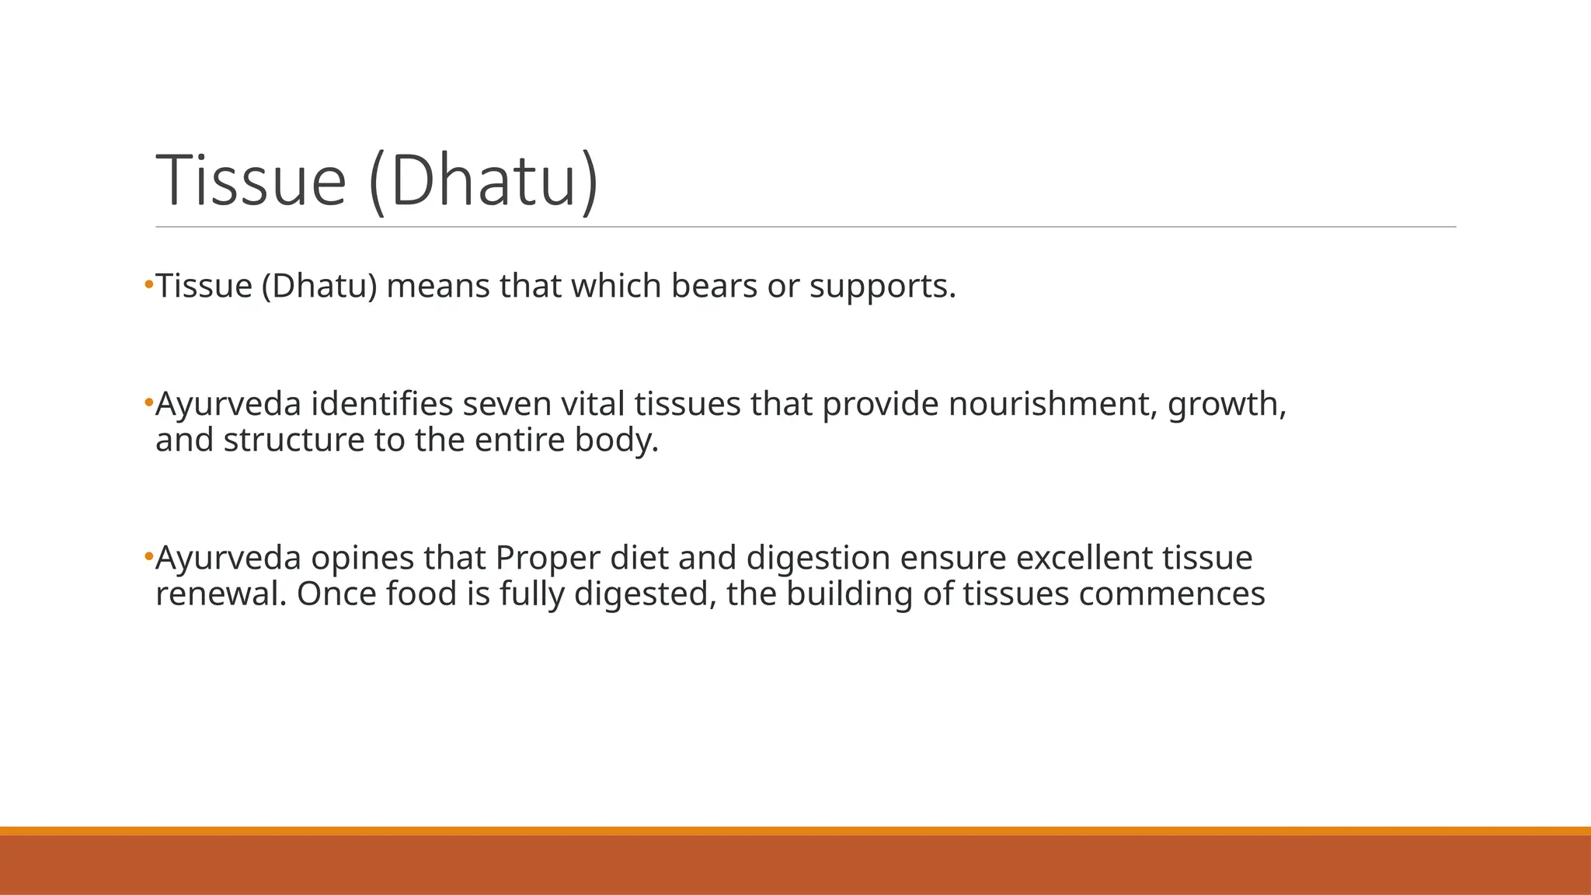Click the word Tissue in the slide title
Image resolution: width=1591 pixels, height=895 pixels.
[250, 180]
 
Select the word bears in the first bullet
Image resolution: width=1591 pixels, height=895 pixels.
[714, 286]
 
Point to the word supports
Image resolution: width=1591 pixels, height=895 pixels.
[883, 287]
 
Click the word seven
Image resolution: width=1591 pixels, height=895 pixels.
[507, 404]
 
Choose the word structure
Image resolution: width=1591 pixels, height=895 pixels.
[294, 440]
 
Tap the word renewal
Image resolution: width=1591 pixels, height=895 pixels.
[221, 594]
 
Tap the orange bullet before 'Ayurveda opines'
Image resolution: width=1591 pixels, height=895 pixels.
[148, 556]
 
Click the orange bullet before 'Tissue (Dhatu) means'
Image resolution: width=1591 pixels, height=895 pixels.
[148, 285]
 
